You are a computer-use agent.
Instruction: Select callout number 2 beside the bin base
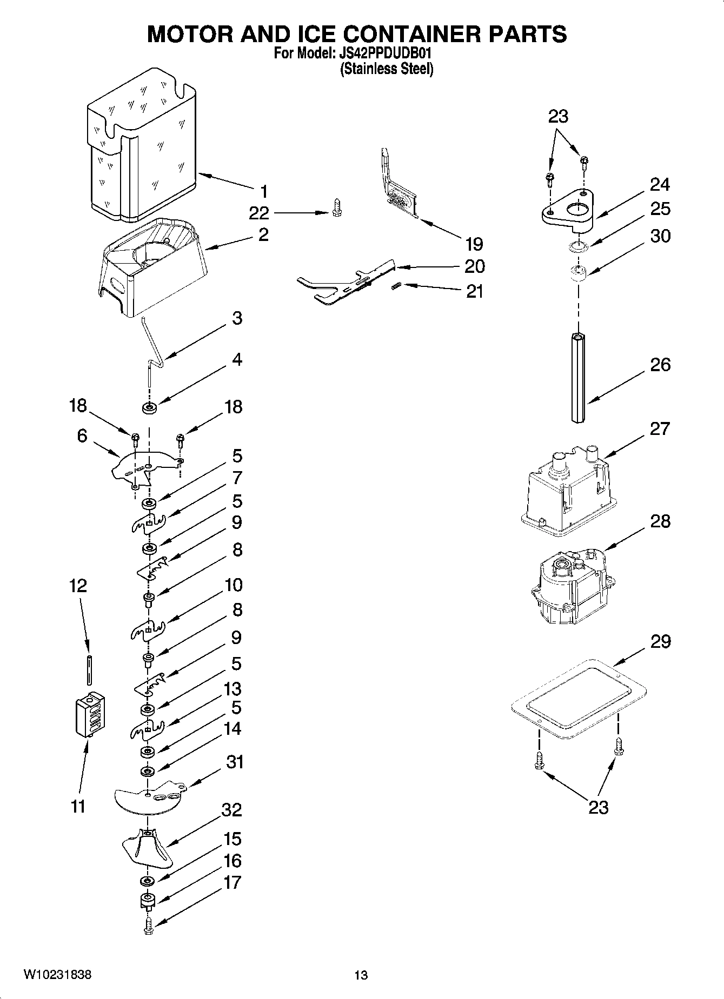tap(263, 235)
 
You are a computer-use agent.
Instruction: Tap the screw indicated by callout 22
tap(338, 208)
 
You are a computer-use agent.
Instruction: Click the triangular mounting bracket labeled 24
tap(568, 208)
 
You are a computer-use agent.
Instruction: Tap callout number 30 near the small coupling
tap(660, 236)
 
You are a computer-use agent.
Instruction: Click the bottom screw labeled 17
tap(149, 929)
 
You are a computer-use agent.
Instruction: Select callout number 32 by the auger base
tap(232, 810)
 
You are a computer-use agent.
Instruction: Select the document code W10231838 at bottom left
tap(57, 975)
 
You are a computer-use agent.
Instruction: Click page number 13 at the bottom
tap(361, 975)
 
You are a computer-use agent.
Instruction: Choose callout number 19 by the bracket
tap(474, 244)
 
